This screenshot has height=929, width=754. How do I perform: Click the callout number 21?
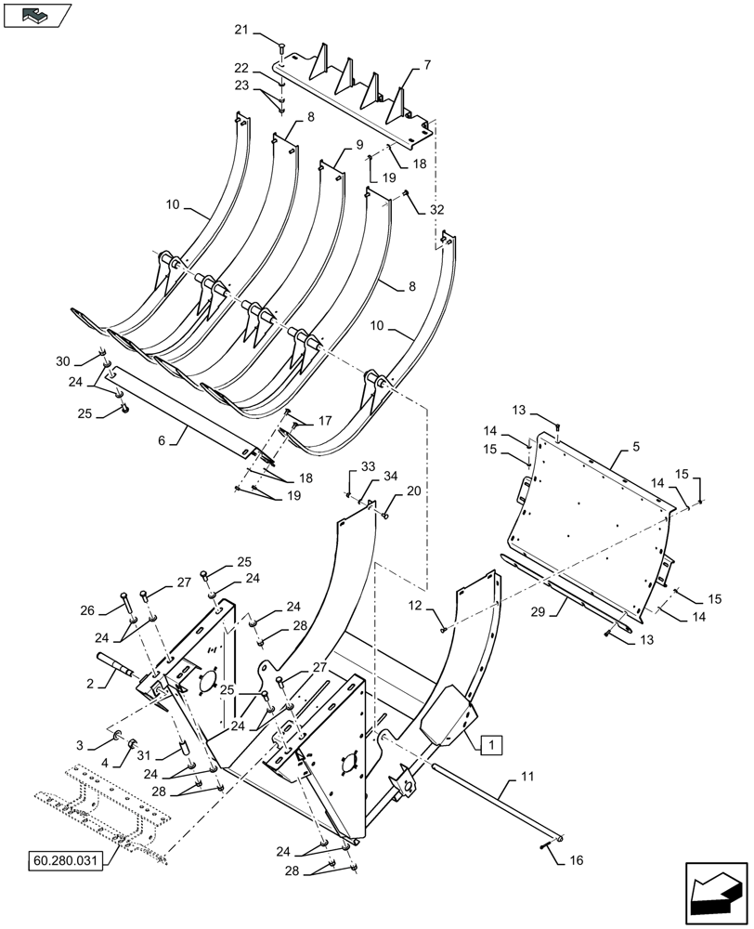[x=241, y=32]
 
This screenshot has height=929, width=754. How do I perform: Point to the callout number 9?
[x=358, y=145]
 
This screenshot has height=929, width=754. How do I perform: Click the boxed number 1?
[x=492, y=743]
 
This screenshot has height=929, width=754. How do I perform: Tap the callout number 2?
[x=90, y=683]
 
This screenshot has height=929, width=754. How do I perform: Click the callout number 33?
[x=367, y=464]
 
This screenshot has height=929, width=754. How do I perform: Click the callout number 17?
[x=325, y=420]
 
